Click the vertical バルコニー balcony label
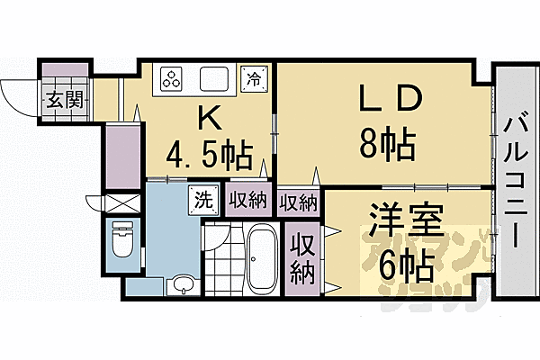[516, 180]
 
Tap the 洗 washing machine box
[201, 200]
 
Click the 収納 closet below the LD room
[298, 202]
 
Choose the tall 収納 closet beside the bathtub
[301, 257]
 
